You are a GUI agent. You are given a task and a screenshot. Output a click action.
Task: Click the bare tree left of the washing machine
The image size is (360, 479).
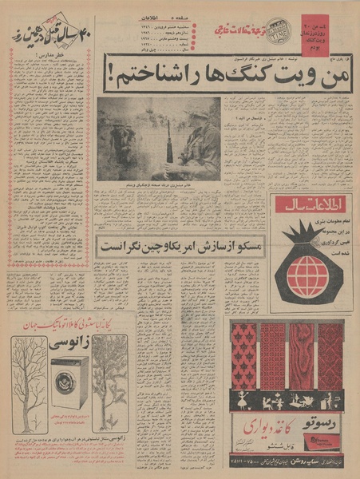coord(31,383)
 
